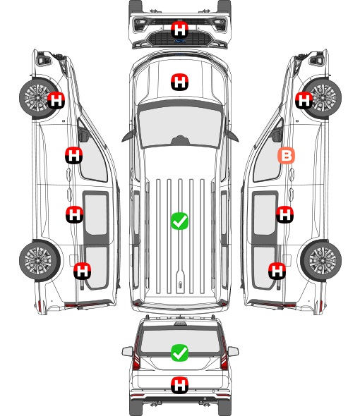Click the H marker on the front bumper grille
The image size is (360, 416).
click(179, 30)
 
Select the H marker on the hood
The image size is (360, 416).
click(179, 82)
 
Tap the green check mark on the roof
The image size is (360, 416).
click(179, 221)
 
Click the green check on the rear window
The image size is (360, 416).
click(179, 353)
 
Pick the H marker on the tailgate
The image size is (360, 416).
click(179, 385)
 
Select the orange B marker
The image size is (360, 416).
click(286, 155)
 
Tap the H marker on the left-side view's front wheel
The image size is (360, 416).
click(56, 100)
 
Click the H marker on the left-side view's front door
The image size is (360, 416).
click(73, 155)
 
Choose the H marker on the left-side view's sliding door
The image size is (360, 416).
click(74, 214)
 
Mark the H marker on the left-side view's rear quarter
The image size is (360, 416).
click(83, 271)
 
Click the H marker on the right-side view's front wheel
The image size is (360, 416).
click(304, 100)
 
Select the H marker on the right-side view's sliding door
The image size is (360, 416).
click(284, 214)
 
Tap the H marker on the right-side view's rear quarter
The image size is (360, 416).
click(277, 271)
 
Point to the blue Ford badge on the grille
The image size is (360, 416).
click(180, 41)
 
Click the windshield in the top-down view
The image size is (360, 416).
click(180, 127)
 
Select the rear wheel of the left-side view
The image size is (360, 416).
click(40, 261)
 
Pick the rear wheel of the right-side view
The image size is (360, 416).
click(321, 261)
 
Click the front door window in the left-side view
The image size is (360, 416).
click(93, 157)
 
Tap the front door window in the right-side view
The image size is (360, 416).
click(267, 157)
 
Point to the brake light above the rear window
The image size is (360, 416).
click(180, 324)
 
